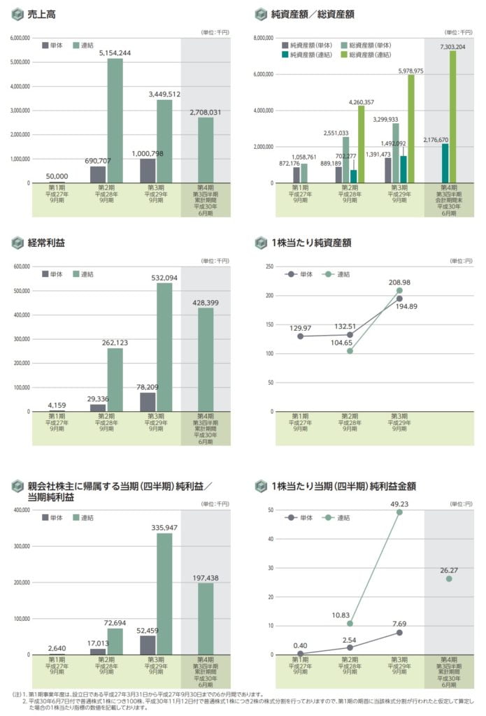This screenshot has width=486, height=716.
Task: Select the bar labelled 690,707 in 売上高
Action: [x=98, y=174]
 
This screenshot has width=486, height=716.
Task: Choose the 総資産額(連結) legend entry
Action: [x=369, y=55]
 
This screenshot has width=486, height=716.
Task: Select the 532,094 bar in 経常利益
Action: [x=164, y=347]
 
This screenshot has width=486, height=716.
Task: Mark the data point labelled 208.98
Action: [x=399, y=290]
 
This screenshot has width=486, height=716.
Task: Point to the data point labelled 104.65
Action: [x=350, y=351]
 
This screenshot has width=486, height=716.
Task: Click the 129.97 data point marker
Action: [x=300, y=336]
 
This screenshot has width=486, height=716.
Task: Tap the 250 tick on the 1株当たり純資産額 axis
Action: [x=269, y=266]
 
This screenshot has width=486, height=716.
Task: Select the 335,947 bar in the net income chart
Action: [x=164, y=594]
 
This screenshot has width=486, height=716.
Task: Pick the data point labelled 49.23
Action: [x=399, y=512]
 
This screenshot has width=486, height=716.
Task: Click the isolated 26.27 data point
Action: [x=448, y=578]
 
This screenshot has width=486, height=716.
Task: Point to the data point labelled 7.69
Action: [x=399, y=632]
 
